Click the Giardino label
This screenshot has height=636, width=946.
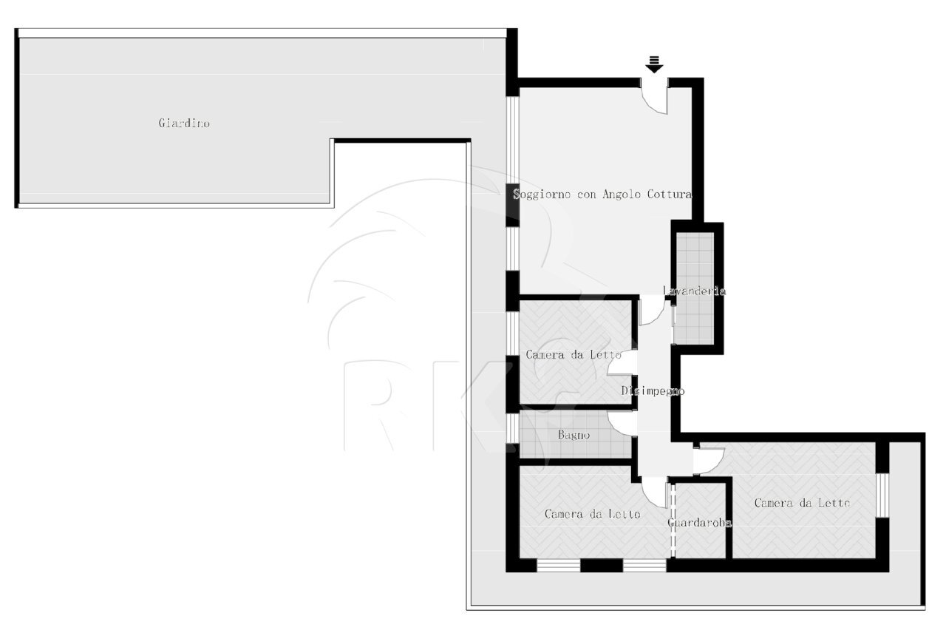pos(184,123)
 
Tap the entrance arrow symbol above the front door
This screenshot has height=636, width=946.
pos(654,64)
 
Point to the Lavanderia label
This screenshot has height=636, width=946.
pos(694,291)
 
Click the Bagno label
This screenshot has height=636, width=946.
pos(574,435)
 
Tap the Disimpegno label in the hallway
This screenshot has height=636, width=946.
pos(653,391)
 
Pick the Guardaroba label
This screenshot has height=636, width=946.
pos(699,523)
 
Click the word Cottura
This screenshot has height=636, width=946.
pos(670,194)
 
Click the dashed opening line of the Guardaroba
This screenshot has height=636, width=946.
pos(673,520)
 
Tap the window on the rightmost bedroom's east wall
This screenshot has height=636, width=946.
pos(882,495)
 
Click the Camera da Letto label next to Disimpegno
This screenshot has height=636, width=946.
pos(573,354)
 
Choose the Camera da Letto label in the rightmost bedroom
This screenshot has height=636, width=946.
pos(802,503)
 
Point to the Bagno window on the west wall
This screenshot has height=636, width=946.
pos(512,428)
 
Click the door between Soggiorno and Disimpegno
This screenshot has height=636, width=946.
pos(653,311)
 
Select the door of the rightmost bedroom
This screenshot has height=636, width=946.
pos(709,461)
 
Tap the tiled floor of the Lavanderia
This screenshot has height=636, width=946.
pos(695,288)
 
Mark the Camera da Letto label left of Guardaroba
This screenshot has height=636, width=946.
pos(592,514)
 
